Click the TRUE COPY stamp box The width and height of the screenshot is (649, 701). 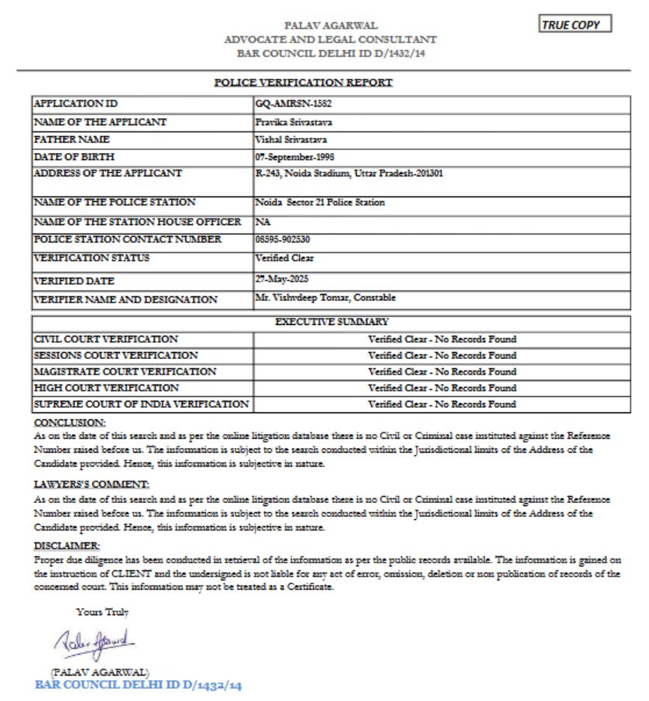click(x=575, y=24)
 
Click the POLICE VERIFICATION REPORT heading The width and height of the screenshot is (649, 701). click(x=304, y=82)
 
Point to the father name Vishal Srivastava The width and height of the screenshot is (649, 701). click(x=290, y=140)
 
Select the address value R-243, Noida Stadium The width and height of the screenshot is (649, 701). click(x=349, y=173)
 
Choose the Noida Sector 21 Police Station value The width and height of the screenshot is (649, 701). click(x=320, y=203)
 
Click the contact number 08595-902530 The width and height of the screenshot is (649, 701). click(x=283, y=240)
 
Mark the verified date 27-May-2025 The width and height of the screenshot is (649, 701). click(x=282, y=277)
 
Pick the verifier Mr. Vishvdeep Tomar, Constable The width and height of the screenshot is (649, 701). click(x=325, y=298)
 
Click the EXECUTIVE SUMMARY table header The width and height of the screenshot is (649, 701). click(x=333, y=322)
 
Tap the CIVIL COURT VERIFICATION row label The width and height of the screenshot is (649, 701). click(x=106, y=339)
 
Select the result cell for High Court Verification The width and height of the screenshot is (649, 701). click(x=441, y=388)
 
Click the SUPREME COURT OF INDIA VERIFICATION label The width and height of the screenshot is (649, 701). click(x=142, y=404)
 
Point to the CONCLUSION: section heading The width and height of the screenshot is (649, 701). click(x=70, y=422)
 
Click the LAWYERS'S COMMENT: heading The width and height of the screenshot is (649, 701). click(x=81, y=484)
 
